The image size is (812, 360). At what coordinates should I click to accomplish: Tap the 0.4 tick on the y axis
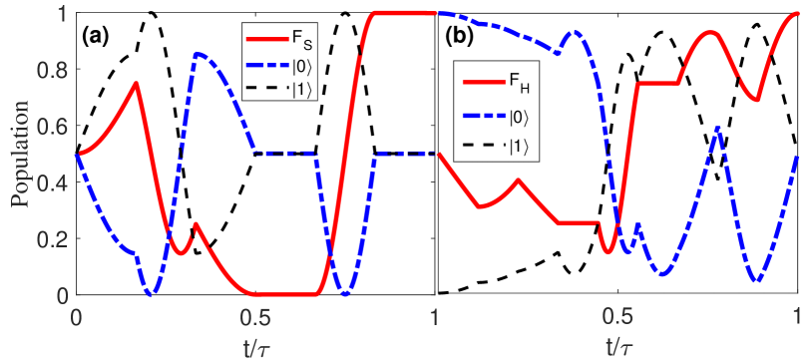(x=55, y=182)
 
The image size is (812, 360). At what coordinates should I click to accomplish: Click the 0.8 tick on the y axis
(x=55, y=70)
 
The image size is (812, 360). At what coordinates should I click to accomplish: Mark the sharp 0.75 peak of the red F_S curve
(x=137, y=83)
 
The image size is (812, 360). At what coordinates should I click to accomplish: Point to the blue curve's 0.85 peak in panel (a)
(x=198, y=54)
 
